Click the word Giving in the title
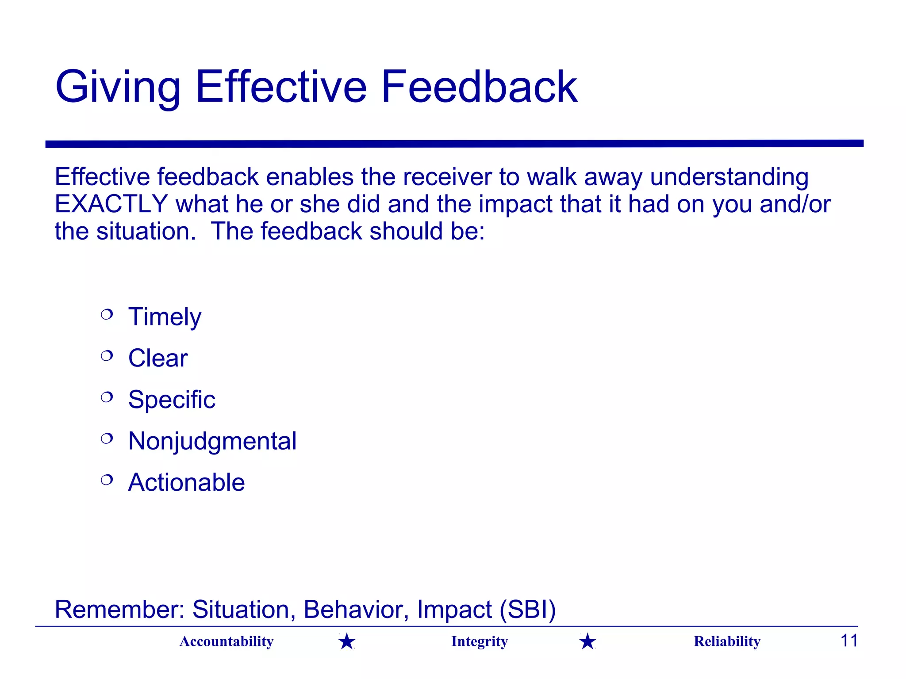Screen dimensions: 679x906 pos(118,87)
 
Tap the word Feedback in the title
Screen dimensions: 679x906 pos(479,87)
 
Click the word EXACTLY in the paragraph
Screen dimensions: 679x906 pos(111,204)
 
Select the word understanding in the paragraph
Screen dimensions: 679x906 pos(729,177)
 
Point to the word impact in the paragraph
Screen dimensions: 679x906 pos(515,204)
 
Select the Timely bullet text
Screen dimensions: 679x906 pos(165,317)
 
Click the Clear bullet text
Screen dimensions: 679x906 pos(158,358)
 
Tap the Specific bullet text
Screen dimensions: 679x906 pos(172,400)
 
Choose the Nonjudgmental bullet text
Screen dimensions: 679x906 pos(212,441)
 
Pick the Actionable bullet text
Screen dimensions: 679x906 pos(186,482)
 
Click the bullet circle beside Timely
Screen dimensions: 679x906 pos(107,314)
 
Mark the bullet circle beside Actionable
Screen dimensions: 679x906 pos(107,480)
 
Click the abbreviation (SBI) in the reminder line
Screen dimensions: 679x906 pos(527,610)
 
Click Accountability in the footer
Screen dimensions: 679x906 pos(226,641)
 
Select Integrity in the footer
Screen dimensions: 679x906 pos(480,641)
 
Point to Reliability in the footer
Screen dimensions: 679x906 pos(727,641)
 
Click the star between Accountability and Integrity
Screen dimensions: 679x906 pos(347,641)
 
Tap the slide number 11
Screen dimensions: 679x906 pos(848,641)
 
